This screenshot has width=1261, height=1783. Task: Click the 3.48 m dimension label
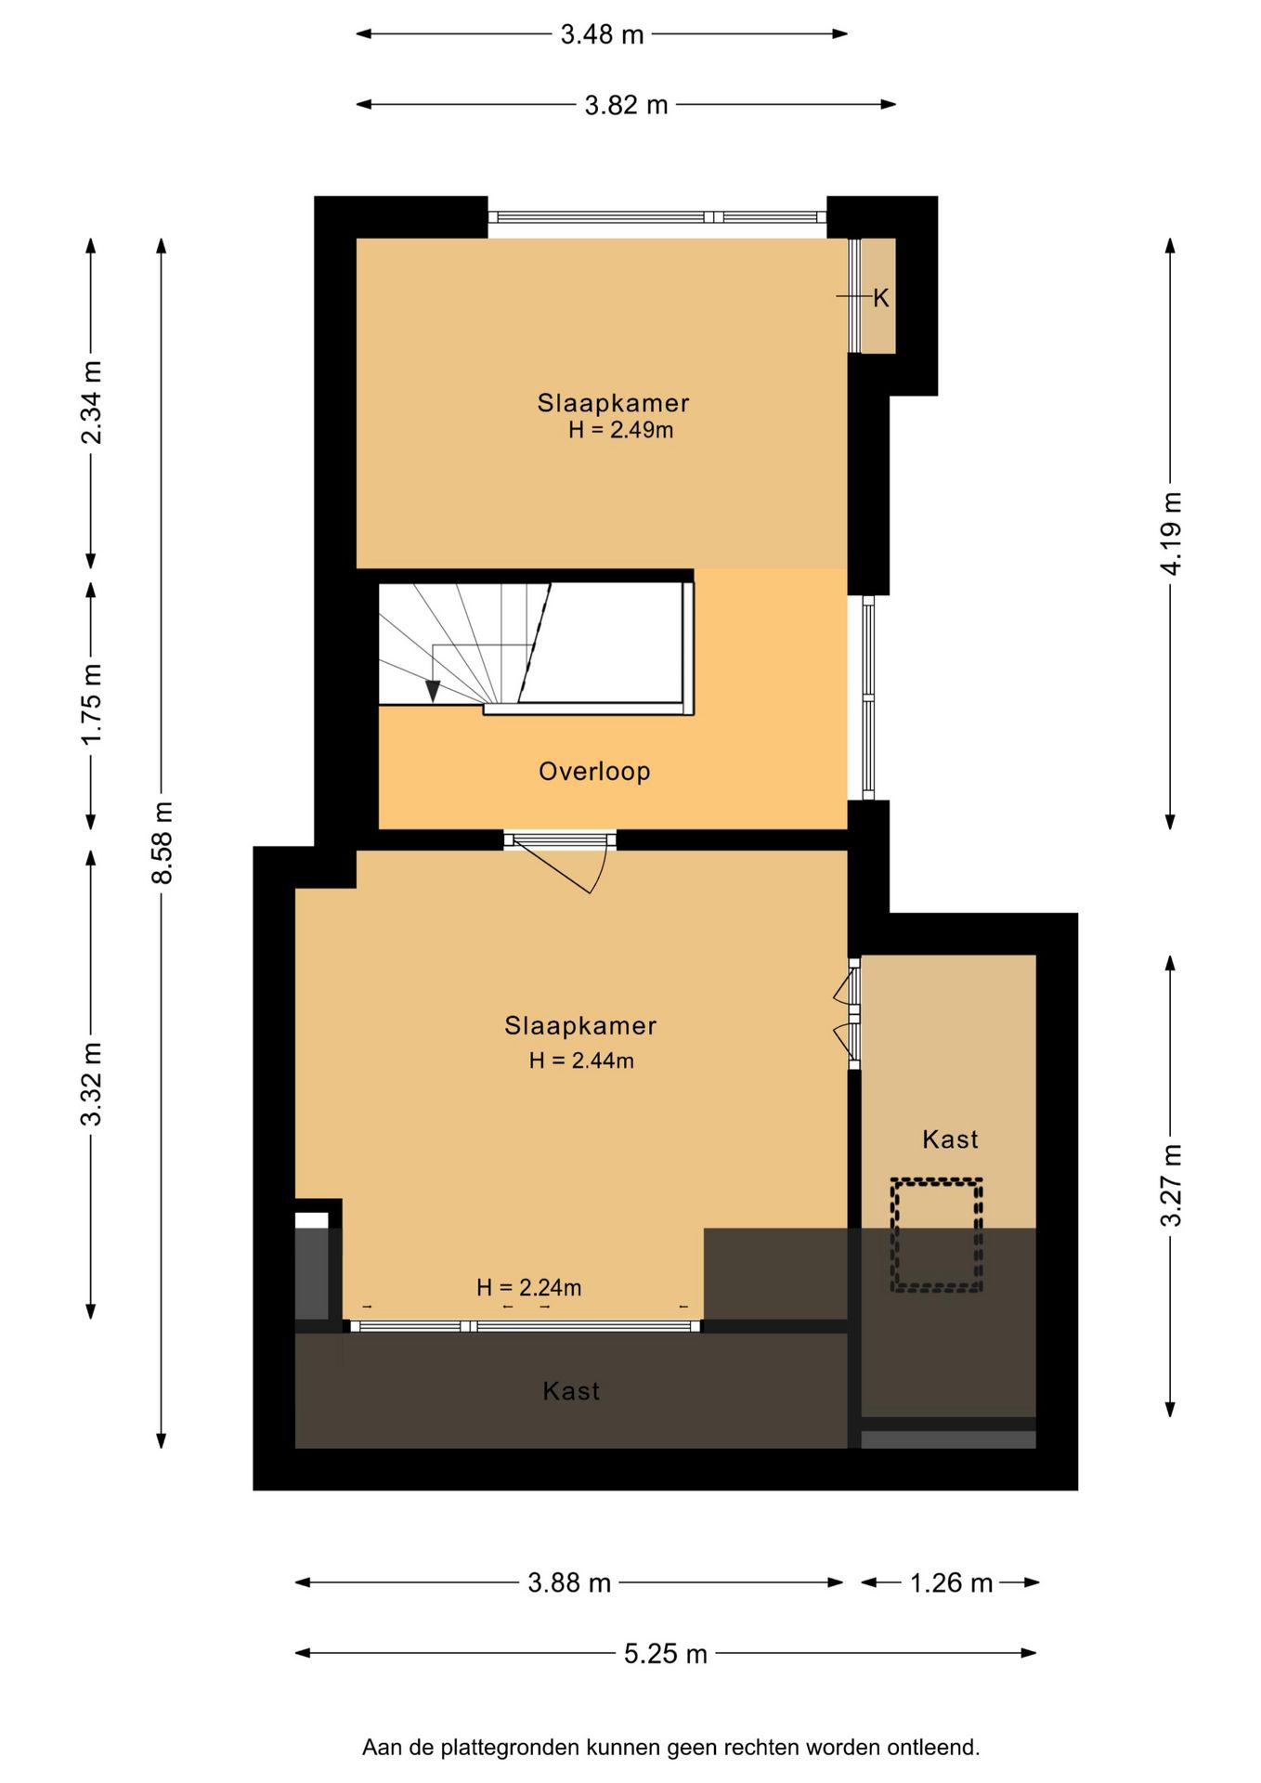click(602, 34)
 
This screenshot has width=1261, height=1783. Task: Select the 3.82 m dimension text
click(626, 105)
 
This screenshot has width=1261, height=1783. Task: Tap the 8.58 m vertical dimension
click(162, 842)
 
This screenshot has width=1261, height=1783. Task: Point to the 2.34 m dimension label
click(91, 402)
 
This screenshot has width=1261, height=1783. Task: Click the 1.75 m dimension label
click(91, 704)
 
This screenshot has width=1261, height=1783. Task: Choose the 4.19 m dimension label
click(1171, 533)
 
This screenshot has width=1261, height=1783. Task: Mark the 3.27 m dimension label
click(1171, 1185)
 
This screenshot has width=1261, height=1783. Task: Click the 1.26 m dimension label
click(951, 1582)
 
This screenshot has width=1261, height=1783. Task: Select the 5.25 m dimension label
click(665, 1654)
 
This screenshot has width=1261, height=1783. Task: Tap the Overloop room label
click(594, 772)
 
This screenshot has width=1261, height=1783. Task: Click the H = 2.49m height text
click(620, 430)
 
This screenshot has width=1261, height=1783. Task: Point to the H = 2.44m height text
click(581, 1061)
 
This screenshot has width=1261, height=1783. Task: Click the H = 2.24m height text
click(528, 1287)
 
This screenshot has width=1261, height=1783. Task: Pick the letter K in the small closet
click(880, 298)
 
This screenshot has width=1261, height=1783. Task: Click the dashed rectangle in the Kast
click(936, 1234)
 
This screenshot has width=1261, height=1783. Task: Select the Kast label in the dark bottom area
click(571, 1391)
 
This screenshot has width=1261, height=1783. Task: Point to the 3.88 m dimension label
click(569, 1582)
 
